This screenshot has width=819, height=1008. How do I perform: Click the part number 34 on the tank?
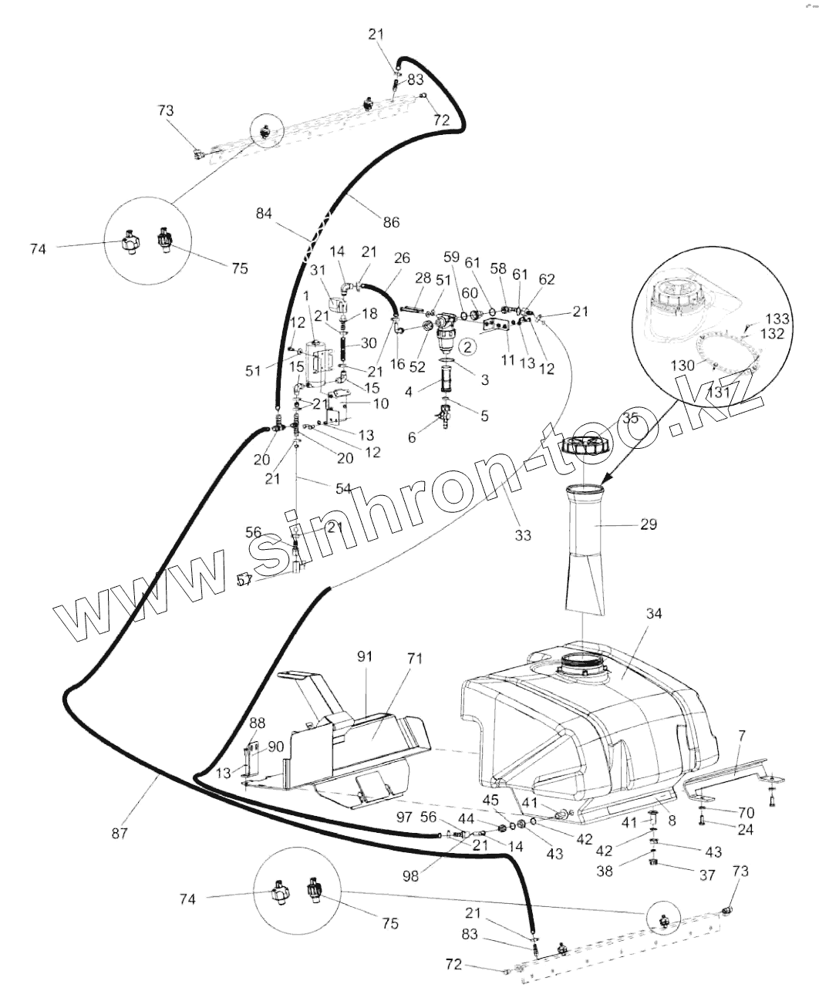[654, 614]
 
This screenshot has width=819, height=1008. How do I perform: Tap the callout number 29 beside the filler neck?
[648, 524]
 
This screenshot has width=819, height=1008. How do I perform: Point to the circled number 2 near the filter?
[467, 348]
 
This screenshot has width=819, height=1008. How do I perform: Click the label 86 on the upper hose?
[391, 222]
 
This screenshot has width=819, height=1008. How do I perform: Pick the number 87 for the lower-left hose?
[119, 833]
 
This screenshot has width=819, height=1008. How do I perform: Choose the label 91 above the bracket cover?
[365, 656]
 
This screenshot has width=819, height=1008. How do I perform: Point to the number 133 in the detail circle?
[777, 319]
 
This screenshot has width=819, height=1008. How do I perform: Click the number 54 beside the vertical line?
[343, 488]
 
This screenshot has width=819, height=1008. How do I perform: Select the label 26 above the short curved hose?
[402, 258]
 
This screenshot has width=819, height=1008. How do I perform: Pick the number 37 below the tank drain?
[706, 875]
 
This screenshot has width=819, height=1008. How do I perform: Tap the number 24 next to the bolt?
[744, 830]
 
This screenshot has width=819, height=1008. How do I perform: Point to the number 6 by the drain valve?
[412, 437]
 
